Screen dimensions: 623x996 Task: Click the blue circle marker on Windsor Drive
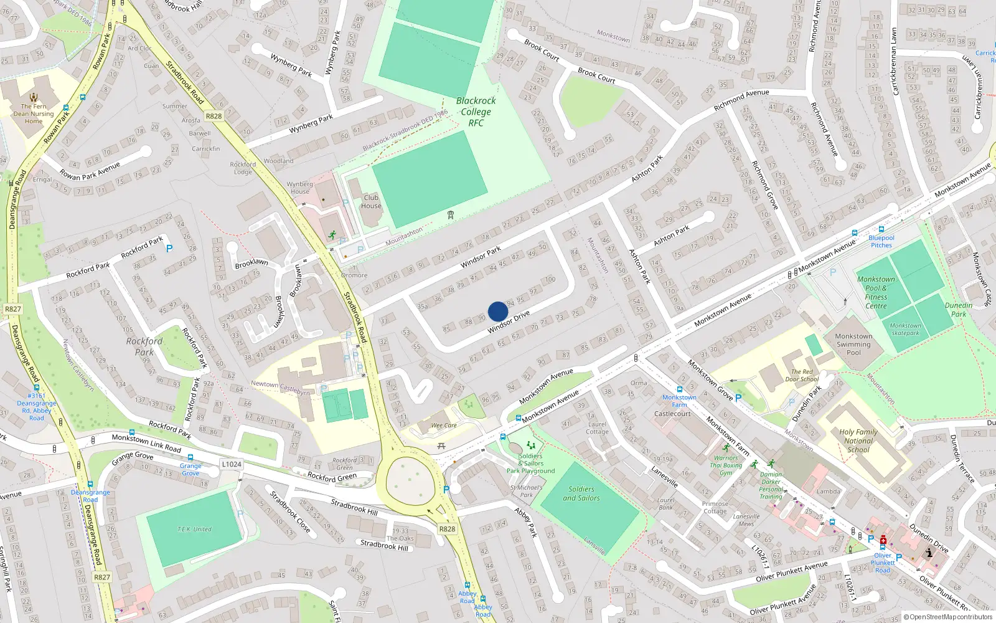pyautogui.click(x=498, y=311)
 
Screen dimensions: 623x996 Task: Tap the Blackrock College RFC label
pyautogui.click(x=476, y=112)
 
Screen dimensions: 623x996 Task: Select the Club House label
pyautogui.click(x=371, y=202)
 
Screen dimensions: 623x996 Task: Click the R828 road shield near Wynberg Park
pyautogui.click(x=214, y=116)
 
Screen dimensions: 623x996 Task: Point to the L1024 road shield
pyautogui.click(x=231, y=464)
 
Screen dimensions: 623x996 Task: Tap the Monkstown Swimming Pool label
pyautogui.click(x=853, y=344)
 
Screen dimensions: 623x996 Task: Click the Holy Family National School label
pyautogui.click(x=858, y=440)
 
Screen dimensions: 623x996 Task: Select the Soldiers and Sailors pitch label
pyautogui.click(x=581, y=493)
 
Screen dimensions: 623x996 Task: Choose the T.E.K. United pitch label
pyautogui.click(x=194, y=529)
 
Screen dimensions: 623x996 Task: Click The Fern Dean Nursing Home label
pyautogui.click(x=34, y=113)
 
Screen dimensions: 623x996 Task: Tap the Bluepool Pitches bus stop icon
pyautogui.click(x=881, y=229)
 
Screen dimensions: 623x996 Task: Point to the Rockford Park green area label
pyautogui.click(x=144, y=346)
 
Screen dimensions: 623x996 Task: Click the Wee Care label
pyautogui.click(x=444, y=426)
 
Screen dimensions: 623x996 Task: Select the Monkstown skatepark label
pyautogui.click(x=905, y=329)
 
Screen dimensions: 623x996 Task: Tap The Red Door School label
pyautogui.click(x=802, y=375)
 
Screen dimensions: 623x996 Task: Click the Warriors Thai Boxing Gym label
pyautogui.click(x=726, y=465)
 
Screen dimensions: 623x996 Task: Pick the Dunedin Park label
pyautogui.click(x=959, y=310)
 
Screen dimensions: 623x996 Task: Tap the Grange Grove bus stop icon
pyautogui.click(x=190, y=457)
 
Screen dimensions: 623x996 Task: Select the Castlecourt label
pyautogui.click(x=672, y=414)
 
